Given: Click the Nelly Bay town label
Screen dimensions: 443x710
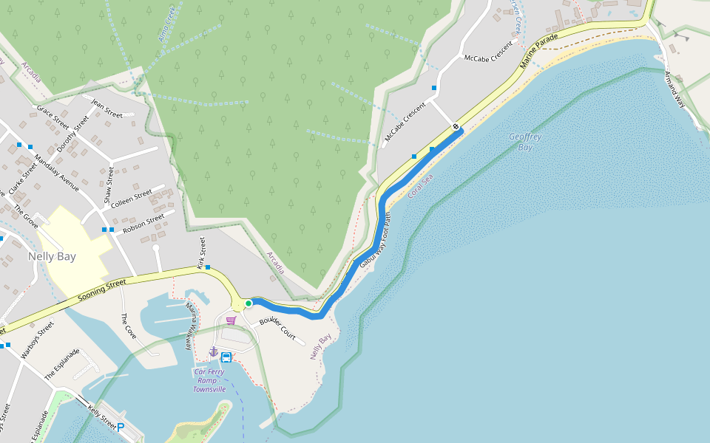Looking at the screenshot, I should tap(51, 257).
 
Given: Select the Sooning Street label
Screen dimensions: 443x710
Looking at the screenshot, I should tap(102, 291).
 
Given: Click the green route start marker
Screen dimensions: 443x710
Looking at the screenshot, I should tap(249, 303).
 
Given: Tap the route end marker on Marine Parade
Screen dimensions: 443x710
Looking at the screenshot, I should tap(456, 127).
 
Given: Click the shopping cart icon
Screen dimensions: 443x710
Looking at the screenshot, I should tap(231, 320).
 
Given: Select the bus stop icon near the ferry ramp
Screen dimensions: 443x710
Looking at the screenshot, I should tap(226, 357).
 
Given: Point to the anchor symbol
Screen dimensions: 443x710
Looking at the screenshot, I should tap(214, 351).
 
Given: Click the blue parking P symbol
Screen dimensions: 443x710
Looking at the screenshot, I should tap(121, 427).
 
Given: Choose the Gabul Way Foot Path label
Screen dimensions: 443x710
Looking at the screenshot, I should tap(375, 240).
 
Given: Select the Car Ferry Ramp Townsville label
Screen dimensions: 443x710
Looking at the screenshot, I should tap(209, 380).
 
